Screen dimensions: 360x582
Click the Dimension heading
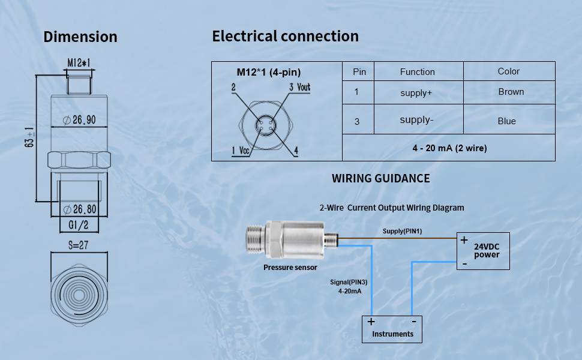pyautogui.click(x=80, y=37)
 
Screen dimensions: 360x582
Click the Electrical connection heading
pyautogui.click(x=285, y=36)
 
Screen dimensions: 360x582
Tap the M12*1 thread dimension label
pyautogui.click(x=79, y=63)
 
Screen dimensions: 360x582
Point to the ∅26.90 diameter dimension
pyautogui.click(x=80, y=120)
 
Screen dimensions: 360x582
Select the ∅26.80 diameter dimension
pyautogui.click(x=80, y=209)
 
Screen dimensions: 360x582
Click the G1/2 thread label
pyautogui.click(x=79, y=225)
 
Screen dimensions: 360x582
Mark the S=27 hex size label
pyautogui.click(x=79, y=245)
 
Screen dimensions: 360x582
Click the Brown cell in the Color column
pyautogui.click(x=511, y=92)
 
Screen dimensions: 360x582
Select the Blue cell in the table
pyautogui.click(x=506, y=121)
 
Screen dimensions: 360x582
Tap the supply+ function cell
pyautogui.click(x=416, y=93)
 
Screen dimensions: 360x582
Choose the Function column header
pyautogui.click(x=417, y=72)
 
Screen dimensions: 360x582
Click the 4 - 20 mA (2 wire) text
pyautogui.click(x=449, y=148)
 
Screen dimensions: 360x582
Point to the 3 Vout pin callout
pyautogui.click(x=299, y=88)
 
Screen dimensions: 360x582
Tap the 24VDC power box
pyautogui.click(x=483, y=250)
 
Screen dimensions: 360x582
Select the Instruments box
pyautogui.click(x=392, y=329)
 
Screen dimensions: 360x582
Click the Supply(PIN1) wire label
pyautogui.click(x=403, y=231)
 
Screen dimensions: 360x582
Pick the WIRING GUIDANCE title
pyautogui.click(x=380, y=178)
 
